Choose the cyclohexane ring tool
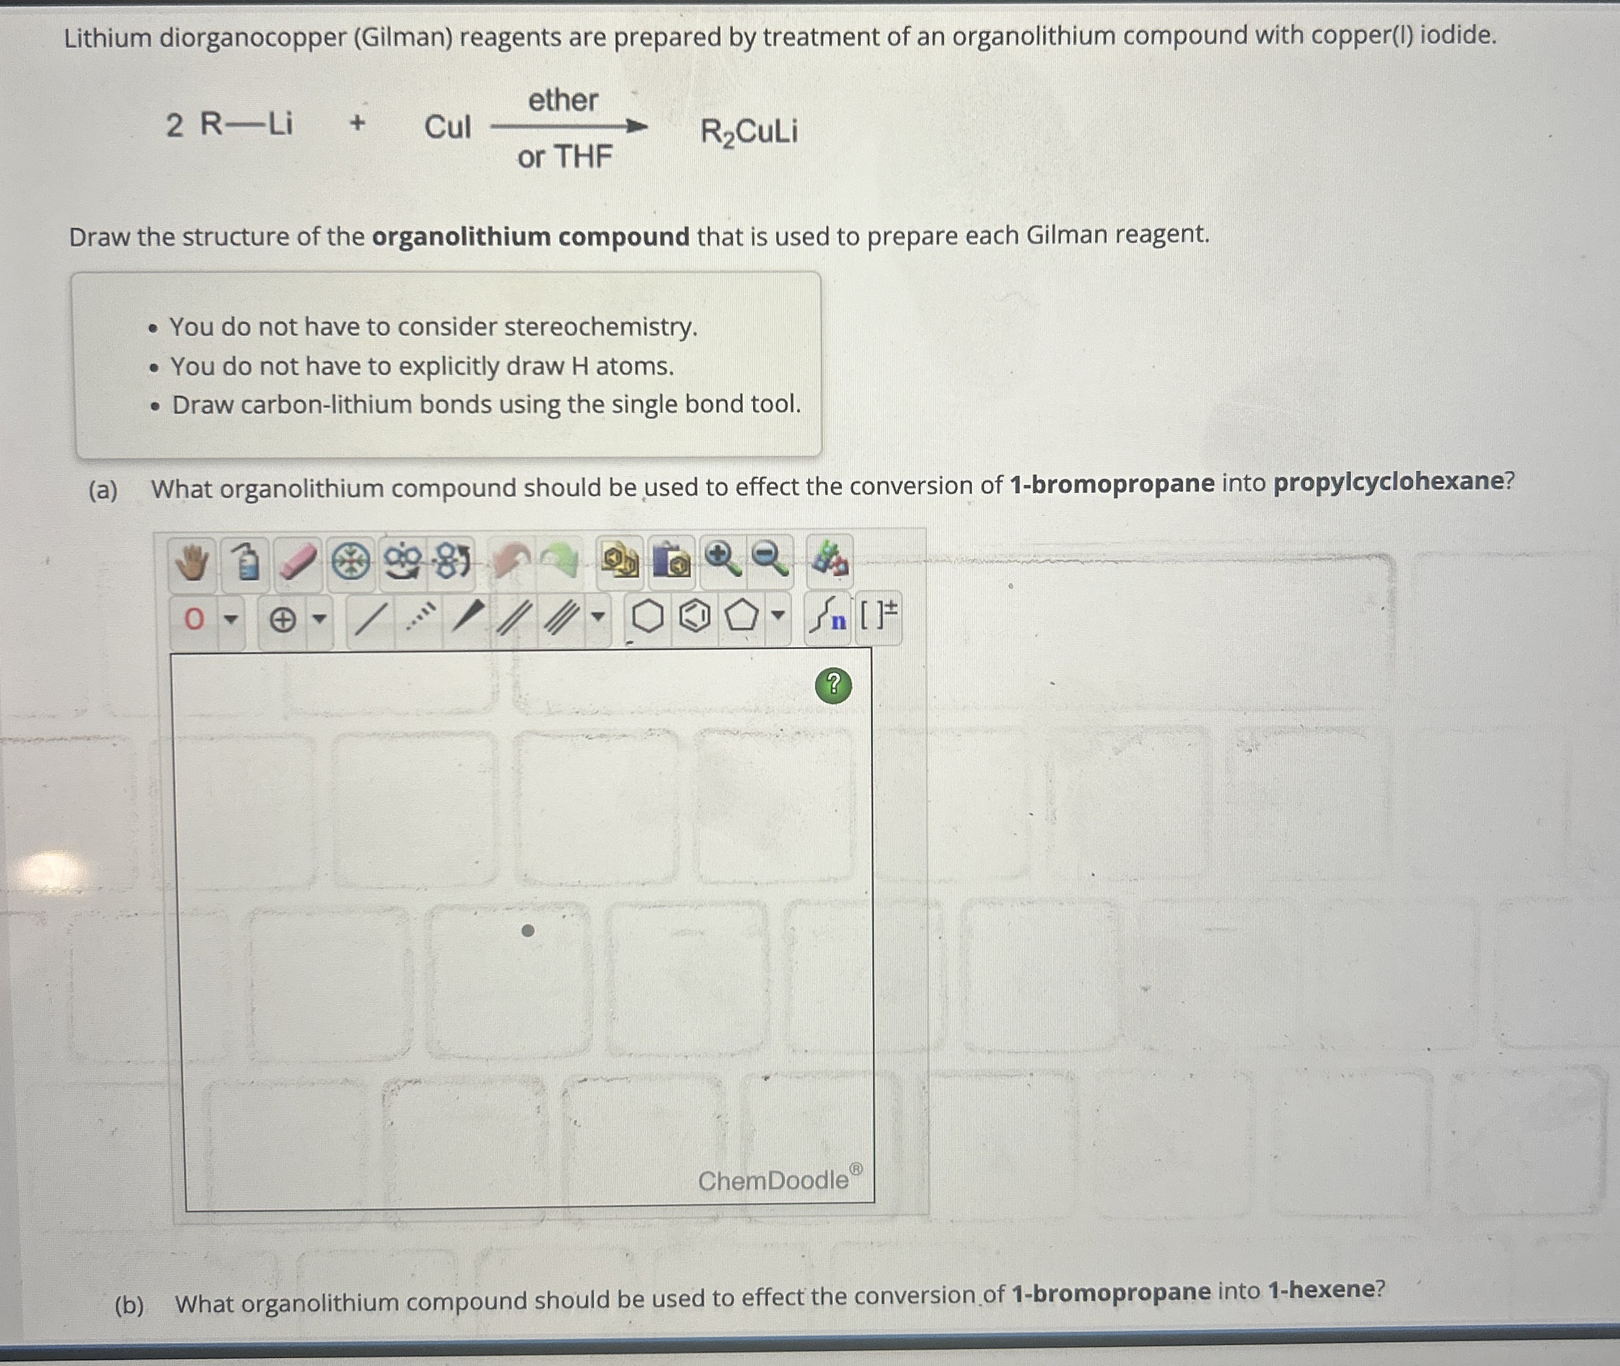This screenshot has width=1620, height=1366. click(648, 617)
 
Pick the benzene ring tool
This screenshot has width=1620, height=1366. click(695, 617)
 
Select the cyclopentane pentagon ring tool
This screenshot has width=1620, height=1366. click(741, 617)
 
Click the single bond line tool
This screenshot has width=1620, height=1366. click(369, 619)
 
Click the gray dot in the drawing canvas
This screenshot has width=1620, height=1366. click(527, 931)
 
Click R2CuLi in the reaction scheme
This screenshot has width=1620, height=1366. click(749, 132)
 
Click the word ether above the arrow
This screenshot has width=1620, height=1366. click(563, 101)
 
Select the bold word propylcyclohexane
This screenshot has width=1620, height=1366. click(1388, 483)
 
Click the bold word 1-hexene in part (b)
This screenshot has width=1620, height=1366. click(1321, 1291)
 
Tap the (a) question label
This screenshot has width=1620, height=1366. click(103, 490)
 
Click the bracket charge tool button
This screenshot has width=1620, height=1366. click(879, 616)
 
